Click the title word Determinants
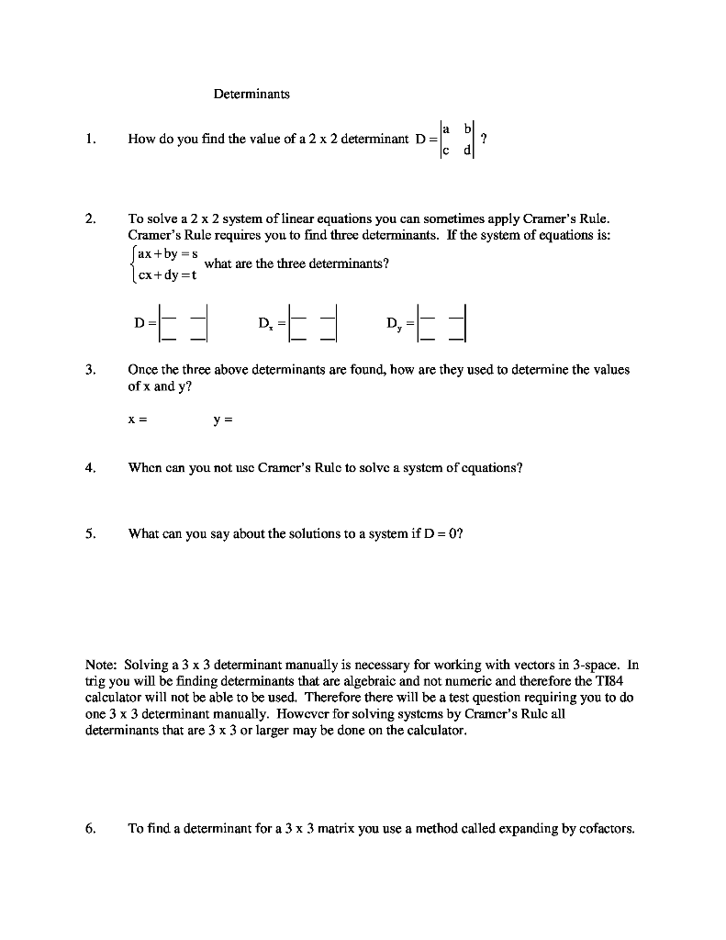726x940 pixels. (x=251, y=94)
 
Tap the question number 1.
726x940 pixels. (x=89, y=140)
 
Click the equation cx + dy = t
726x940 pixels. (x=168, y=273)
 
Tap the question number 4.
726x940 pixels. (x=89, y=467)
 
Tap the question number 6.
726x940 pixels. (x=89, y=828)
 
